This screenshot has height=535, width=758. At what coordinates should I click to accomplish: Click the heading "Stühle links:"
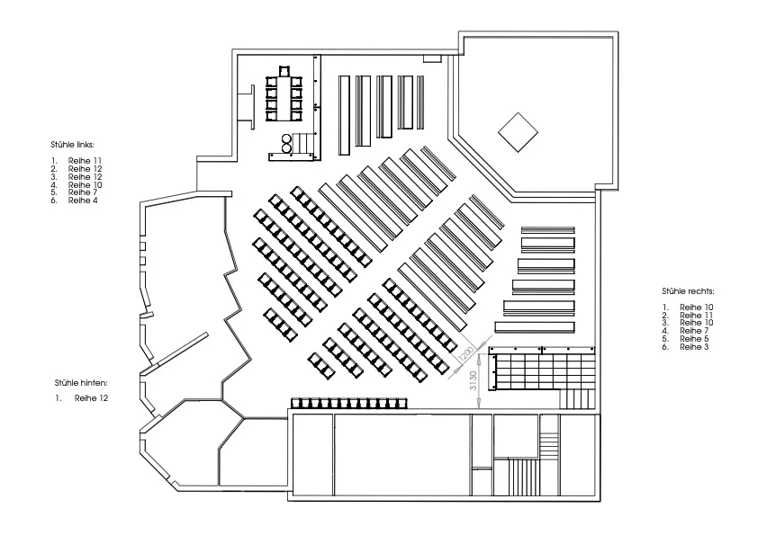(x=73, y=145)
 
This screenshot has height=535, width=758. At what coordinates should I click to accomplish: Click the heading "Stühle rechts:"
(x=688, y=291)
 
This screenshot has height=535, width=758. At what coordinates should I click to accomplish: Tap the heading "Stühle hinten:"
(x=81, y=383)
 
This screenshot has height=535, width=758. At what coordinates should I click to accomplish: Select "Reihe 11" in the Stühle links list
(x=86, y=161)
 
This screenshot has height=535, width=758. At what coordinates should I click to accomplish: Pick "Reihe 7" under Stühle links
(x=83, y=192)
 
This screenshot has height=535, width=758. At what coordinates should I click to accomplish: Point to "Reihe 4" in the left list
(x=83, y=200)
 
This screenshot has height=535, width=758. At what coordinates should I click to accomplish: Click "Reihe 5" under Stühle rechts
(x=694, y=338)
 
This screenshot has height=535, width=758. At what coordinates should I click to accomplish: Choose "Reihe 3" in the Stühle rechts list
(x=694, y=347)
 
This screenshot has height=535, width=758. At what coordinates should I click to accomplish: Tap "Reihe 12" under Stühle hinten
(x=91, y=398)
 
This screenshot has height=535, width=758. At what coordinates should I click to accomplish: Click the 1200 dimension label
(x=466, y=354)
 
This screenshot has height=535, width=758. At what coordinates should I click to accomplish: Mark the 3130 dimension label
(x=474, y=380)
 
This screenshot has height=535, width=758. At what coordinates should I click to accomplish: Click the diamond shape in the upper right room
(x=518, y=132)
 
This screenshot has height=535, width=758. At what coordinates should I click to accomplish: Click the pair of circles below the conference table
(x=286, y=143)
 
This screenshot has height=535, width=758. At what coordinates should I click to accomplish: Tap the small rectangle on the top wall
(x=432, y=58)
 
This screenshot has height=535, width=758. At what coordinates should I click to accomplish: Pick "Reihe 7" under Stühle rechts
(x=694, y=331)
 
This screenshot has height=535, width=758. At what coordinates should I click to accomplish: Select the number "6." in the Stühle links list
(x=54, y=200)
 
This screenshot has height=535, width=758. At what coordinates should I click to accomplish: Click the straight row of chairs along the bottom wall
(x=349, y=403)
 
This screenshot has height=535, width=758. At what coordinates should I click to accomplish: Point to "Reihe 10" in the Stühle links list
(x=86, y=184)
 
